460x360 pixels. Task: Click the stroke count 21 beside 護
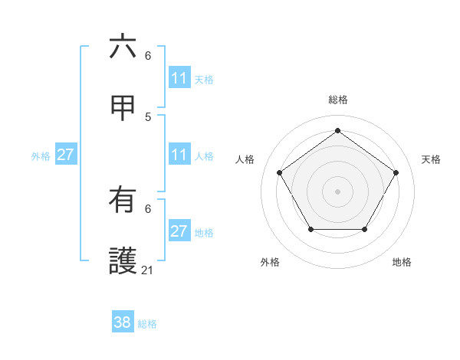[148, 270]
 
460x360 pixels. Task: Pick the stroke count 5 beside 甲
[148, 116]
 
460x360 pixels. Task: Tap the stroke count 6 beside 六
[148, 55]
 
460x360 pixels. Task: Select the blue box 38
[123, 322]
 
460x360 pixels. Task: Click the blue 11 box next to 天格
[179, 78]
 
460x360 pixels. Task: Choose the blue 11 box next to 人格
[179, 155]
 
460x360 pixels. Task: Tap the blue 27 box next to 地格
[179, 231]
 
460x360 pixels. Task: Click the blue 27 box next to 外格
[65, 155]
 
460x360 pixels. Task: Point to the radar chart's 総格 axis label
[338, 100]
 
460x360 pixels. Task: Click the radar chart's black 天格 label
[431, 159]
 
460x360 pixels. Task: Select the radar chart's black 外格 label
[270, 262]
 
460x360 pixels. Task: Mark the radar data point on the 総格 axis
[338, 131]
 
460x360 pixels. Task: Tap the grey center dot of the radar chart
[338, 191]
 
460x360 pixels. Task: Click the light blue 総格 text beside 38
[147, 324]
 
